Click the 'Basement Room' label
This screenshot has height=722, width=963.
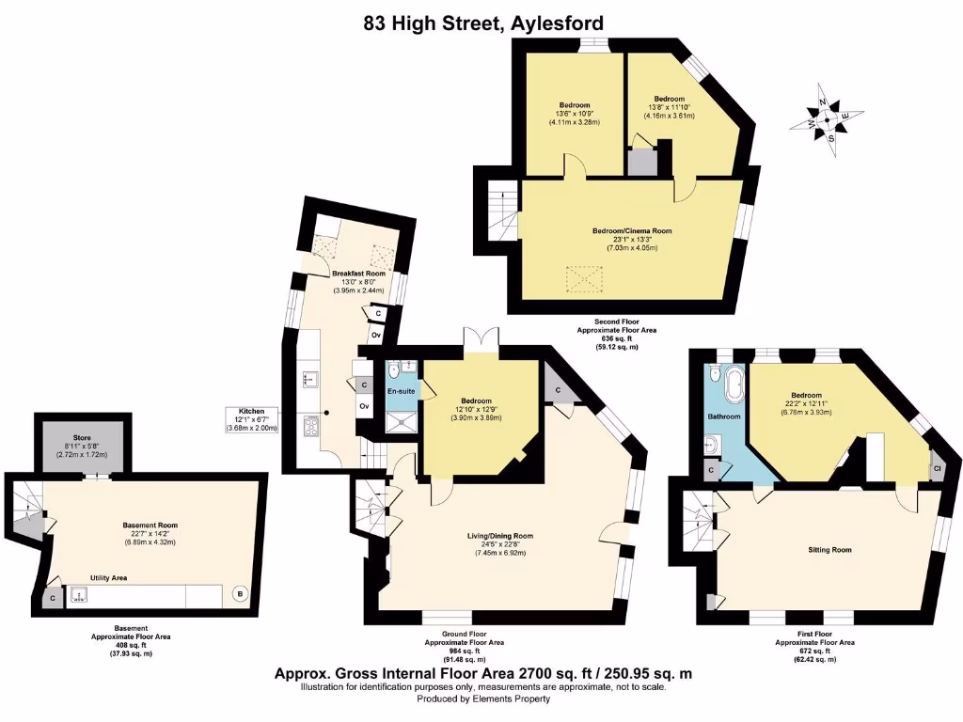[x=150, y=526]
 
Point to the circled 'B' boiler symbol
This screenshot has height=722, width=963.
[x=240, y=594]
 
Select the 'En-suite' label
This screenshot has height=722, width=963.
[x=402, y=390]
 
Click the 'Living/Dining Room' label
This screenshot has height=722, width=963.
[x=500, y=536]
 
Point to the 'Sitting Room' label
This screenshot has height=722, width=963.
[x=829, y=549]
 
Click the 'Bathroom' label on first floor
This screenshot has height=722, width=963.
[x=723, y=416]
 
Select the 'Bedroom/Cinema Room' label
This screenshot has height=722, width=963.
[x=632, y=231]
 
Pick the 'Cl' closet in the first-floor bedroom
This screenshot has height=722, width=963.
[x=938, y=467]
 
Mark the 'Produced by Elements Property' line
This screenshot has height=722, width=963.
[x=483, y=699]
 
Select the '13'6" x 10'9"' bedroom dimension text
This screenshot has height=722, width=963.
[x=575, y=114]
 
